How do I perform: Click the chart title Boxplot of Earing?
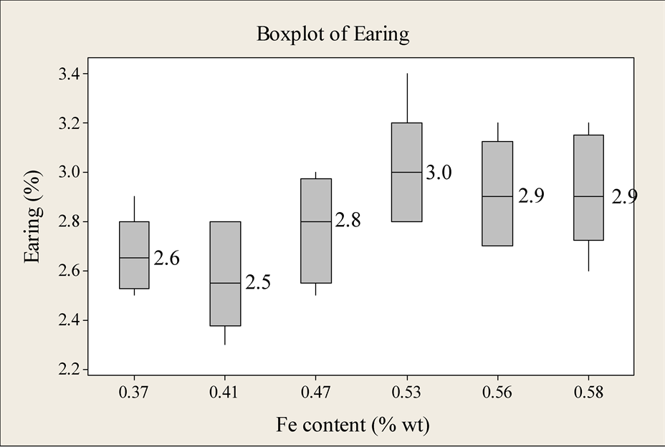coord(332,34)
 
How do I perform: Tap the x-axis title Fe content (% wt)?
coord(353,425)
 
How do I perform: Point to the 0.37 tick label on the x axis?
coord(134,393)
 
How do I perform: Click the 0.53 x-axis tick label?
coord(406,393)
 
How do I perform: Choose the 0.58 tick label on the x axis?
coord(588,393)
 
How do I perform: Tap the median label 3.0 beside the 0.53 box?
coord(439,173)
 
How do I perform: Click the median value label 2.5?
coord(257,283)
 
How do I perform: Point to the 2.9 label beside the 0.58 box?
coord(624,197)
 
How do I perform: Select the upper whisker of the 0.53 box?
coord(406,98)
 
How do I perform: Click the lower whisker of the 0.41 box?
coord(225,335)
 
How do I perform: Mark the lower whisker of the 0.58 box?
coord(588,255)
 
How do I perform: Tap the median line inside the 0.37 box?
coord(134,258)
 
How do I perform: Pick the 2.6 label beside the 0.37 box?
coord(166,259)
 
